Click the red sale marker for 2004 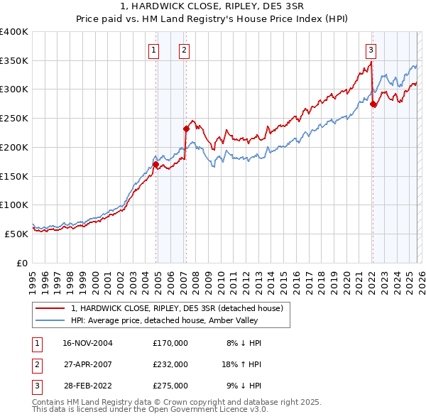pos(155,165)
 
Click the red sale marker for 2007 pos(186,129)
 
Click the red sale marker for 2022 pos(373,104)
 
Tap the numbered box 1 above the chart pos(154,50)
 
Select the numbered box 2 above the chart pos(184,50)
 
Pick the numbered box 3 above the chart pos(371,50)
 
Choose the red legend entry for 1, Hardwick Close pos(177,308)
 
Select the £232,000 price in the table pos(170,364)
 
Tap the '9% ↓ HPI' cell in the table pos(244,386)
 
